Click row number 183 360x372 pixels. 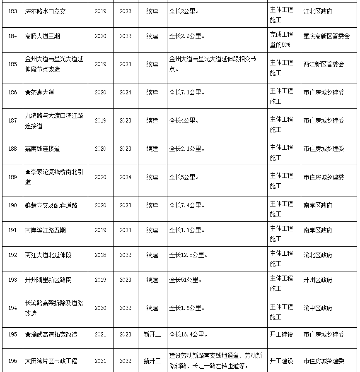coord(12,12)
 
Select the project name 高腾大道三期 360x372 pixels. coord(42,36)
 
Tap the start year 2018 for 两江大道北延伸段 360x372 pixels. coord(100,255)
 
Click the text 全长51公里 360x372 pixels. coord(186,280)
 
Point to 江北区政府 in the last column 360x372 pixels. coord(318,12)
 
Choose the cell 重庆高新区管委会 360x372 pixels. coord(326,36)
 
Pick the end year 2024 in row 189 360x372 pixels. coord(126,178)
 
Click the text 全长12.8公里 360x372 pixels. coord(188,255)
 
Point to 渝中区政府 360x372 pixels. coord(318,308)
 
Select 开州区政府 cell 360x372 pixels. coord(318,280)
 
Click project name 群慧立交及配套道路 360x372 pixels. coord(51,206)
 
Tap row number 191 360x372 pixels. coord(12,230)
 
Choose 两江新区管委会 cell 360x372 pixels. coord(324,65)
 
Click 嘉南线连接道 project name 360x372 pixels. coord(42,149)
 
